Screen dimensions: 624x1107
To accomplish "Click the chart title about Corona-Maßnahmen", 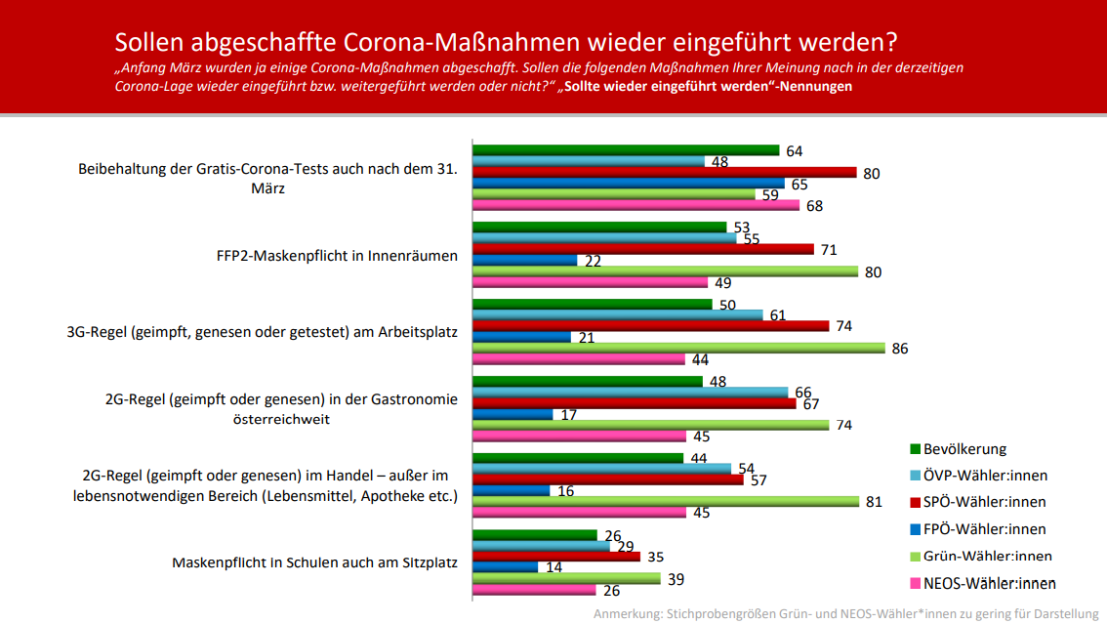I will click(506, 42).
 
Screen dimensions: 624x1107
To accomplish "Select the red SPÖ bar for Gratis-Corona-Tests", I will click(665, 173).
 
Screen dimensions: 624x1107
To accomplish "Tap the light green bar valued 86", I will click(678, 348).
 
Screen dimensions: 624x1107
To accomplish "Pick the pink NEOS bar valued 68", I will click(635, 206).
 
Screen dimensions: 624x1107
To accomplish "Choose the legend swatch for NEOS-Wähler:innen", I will click(915, 583).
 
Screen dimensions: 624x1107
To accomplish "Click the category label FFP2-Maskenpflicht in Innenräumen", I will click(337, 256).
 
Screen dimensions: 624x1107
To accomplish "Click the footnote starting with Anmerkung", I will click(848, 614).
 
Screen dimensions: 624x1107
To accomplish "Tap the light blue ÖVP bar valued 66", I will click(631, 393).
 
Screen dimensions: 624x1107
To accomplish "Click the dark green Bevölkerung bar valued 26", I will click(535, 534).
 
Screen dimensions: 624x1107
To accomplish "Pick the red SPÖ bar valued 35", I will click(556, 557).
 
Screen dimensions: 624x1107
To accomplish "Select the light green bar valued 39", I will click(566, 578).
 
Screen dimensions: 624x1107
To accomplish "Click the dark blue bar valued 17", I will click(512, 414).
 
